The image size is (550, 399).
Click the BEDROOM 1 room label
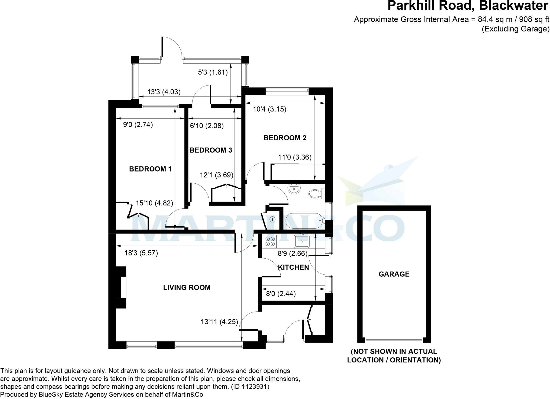pos(150,169)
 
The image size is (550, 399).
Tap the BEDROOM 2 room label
pos(285,138)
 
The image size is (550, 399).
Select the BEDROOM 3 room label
pos(211,150)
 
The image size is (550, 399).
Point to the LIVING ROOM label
pos(187,287)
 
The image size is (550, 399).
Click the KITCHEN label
pos(293,267)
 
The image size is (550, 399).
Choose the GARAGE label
pos(394,274)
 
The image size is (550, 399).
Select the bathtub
pos(304,220)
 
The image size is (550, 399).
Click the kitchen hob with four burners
pos(270,241)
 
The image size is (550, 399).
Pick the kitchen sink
pos(302,241)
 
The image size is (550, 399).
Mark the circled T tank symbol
pos(273,219)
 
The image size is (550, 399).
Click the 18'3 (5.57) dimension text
pos(141,253)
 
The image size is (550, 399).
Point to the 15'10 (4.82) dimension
pos(154,203)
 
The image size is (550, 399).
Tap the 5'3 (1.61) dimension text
pos(213,72)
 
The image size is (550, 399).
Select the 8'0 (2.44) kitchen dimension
pos(281,294)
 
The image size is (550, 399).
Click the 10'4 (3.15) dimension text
pos(270,109)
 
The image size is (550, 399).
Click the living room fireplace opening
pos(124,287)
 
